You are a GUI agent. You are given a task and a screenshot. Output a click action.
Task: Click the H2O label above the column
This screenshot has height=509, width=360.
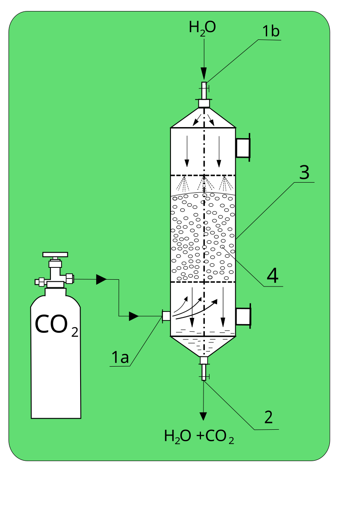(202, 28)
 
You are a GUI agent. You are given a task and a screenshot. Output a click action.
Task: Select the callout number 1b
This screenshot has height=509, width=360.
(271, 32)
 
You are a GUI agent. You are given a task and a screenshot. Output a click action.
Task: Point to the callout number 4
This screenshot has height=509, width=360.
(272, 275)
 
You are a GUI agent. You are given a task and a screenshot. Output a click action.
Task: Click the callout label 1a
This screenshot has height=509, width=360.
(120, 358)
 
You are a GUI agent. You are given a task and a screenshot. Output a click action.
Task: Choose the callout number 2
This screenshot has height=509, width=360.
(268, 417)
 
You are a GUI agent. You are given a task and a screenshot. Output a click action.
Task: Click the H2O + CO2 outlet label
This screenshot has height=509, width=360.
(199, 437)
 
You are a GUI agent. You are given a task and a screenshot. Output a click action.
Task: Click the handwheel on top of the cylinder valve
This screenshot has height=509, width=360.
(55, 255)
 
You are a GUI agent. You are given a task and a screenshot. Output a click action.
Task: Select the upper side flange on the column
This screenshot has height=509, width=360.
(243, 147)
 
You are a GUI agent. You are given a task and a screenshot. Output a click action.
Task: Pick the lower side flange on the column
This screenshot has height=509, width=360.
(243, 316)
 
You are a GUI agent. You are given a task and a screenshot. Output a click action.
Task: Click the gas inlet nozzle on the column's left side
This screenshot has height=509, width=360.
(166, 316)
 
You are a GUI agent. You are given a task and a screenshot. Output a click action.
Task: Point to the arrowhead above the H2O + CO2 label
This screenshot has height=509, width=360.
(204, 416)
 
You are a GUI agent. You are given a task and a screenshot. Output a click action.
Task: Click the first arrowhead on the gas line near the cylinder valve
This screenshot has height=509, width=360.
(101, 279)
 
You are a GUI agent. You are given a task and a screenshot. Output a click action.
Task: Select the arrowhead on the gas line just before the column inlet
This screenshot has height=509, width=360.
(134, 316)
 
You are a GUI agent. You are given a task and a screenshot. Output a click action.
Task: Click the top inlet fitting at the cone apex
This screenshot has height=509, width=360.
(204, 103)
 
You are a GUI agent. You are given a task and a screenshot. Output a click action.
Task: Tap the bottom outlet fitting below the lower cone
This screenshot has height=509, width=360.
(204, 361)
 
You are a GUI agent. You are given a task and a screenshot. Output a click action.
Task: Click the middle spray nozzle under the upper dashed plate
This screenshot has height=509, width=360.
(204, 184)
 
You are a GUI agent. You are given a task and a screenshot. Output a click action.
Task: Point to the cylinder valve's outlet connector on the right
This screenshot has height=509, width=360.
(70, 278)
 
